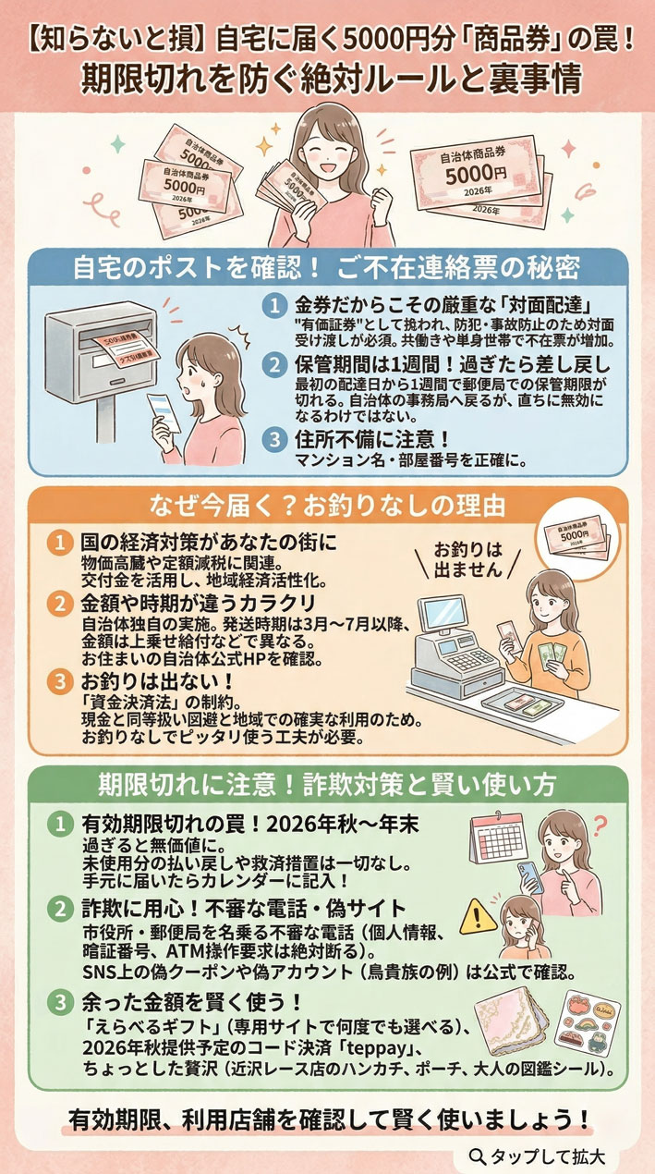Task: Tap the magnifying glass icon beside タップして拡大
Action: tap(477, 1156)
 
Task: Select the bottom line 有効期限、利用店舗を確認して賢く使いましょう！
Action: tap(328, 1118)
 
